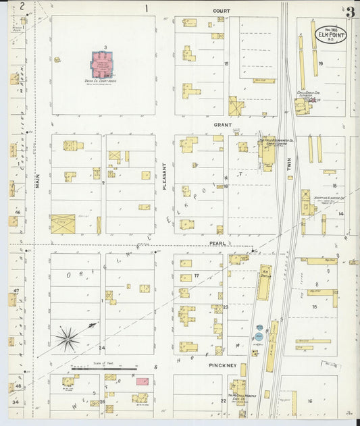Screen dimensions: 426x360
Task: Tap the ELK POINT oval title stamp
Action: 329,33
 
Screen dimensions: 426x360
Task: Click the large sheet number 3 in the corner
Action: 350,12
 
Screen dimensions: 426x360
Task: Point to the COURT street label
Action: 222,11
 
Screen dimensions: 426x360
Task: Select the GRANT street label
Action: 223,126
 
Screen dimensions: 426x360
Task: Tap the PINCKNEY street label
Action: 222,366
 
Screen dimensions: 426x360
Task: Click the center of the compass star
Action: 68,336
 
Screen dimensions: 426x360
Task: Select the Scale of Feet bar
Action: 104,369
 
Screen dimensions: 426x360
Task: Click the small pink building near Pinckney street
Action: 142,381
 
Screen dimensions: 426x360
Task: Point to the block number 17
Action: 197,275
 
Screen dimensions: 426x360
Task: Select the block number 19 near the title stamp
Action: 321,63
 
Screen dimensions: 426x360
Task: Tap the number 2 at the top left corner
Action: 22,7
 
